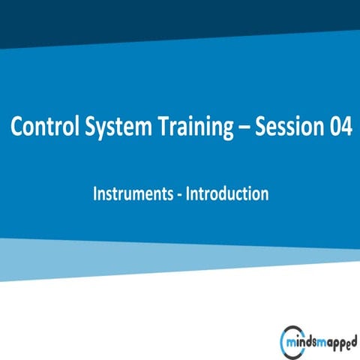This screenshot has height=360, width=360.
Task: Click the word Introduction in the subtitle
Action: tap(227, 193)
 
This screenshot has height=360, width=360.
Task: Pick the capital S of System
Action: tap(85, 128)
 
